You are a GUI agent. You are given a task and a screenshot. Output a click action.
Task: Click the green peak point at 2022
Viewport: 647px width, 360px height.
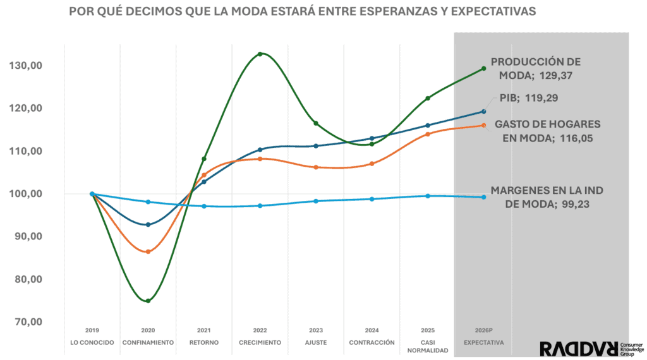(x=260, y=54)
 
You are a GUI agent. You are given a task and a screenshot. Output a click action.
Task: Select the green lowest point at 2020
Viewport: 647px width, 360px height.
(x=148, y=301)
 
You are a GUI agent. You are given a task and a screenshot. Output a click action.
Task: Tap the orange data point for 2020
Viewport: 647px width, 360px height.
(x=148, y=252)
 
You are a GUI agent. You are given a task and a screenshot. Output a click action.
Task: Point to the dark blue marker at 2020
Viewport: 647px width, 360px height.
(x=148, y=225)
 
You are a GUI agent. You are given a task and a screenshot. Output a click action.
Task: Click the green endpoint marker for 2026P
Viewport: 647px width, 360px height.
(x=483, y=68)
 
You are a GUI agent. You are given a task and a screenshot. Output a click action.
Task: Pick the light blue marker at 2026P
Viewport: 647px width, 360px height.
(x=483, y=197)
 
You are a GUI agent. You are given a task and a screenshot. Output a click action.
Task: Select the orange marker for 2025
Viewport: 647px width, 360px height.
(x=428, y=134)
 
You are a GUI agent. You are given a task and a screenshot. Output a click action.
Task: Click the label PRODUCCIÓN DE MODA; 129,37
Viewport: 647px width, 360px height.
(x=535, y=68)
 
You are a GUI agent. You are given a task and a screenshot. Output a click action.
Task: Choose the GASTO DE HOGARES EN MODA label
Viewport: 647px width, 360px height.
(x=547, y=130)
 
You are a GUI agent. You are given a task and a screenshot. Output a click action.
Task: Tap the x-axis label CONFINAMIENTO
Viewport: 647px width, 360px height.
(x=148, y=342)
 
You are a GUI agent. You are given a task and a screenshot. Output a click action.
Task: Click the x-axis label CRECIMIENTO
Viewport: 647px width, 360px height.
(x=260, y=342)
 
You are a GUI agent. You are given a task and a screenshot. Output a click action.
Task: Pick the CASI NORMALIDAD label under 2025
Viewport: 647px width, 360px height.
(x=428, y=346)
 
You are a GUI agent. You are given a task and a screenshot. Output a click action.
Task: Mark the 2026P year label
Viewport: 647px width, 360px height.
(x=483, y=330)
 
